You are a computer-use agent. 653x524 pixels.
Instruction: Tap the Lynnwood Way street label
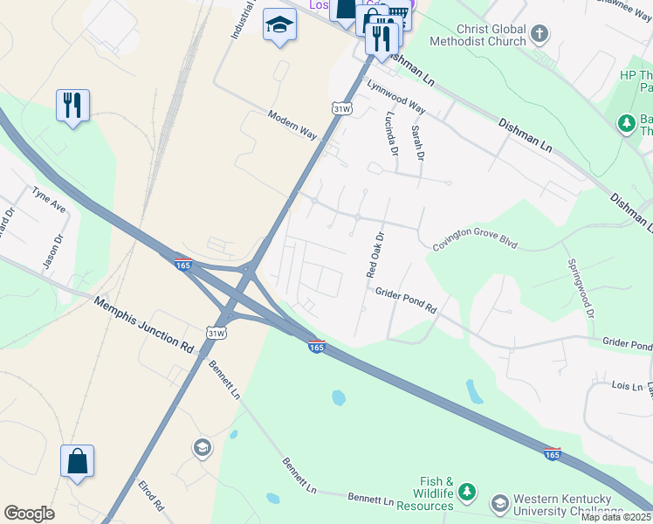point(395,97)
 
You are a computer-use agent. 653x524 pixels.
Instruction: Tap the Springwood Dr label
point(581,287)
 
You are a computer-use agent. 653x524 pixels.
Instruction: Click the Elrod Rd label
point(151,494)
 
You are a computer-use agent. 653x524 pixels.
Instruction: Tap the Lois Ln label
point(602,385)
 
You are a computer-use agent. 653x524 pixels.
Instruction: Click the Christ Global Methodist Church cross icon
point(540,34)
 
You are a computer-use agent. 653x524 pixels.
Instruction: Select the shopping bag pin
point(77,461)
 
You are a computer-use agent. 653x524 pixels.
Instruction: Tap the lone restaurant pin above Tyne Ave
point(72,106)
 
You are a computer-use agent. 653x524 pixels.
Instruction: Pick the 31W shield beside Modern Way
point(342,108)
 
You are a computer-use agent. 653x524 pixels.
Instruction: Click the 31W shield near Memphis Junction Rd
point(217,334)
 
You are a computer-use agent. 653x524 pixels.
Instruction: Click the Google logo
point(29,514)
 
